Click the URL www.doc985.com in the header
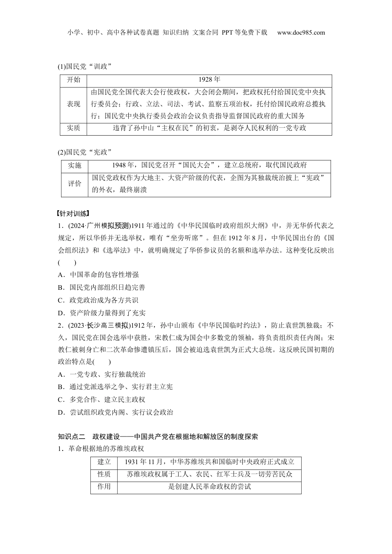[301, 33]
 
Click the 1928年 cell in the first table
[209, 80]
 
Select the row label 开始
[73, 80]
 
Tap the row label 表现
[73, 104]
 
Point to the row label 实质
[73, 128]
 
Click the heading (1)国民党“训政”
[85, 66]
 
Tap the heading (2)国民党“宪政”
[85, 152]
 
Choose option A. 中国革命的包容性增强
[98, 275]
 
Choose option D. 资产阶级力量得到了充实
[102, 313]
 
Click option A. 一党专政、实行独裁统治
[102, 374]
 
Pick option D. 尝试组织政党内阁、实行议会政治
[116, 412]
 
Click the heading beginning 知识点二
[158, 437]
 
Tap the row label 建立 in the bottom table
[104, 462]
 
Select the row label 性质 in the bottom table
[104, 474]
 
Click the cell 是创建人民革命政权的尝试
[209, 487]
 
